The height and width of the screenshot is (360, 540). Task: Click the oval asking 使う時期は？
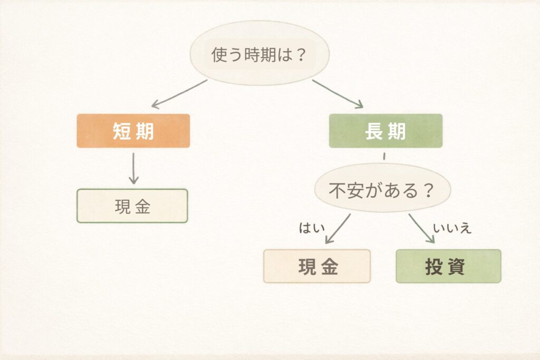click(x=259, y=54)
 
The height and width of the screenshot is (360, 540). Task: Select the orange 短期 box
click(x=133, y=131)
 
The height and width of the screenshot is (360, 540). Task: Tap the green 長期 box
click(x=385, y=131)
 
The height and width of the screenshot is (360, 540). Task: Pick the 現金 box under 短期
click(x=132, y=206)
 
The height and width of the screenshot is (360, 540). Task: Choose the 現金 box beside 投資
click(x=317, y=266)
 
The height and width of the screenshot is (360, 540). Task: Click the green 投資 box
click(x=448, y=266)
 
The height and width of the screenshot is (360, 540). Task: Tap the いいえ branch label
click(x=452, y=228)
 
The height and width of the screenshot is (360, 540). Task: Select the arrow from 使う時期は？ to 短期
click(x=179, y=94)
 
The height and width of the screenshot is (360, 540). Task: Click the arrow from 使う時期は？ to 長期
click(x=337, y=94)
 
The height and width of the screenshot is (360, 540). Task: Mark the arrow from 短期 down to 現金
click(x=133, y=168)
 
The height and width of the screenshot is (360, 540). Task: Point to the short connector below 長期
click(x=384, y=156)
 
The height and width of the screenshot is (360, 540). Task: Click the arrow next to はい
click(x=337, y=229)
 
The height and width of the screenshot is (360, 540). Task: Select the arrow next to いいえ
click(x=421, y=228)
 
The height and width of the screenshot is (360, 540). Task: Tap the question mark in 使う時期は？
click(x=301, y=55)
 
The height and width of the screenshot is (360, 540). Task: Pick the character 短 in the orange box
click(x=121, y=131)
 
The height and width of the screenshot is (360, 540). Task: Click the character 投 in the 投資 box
click(x=436, y=267)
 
